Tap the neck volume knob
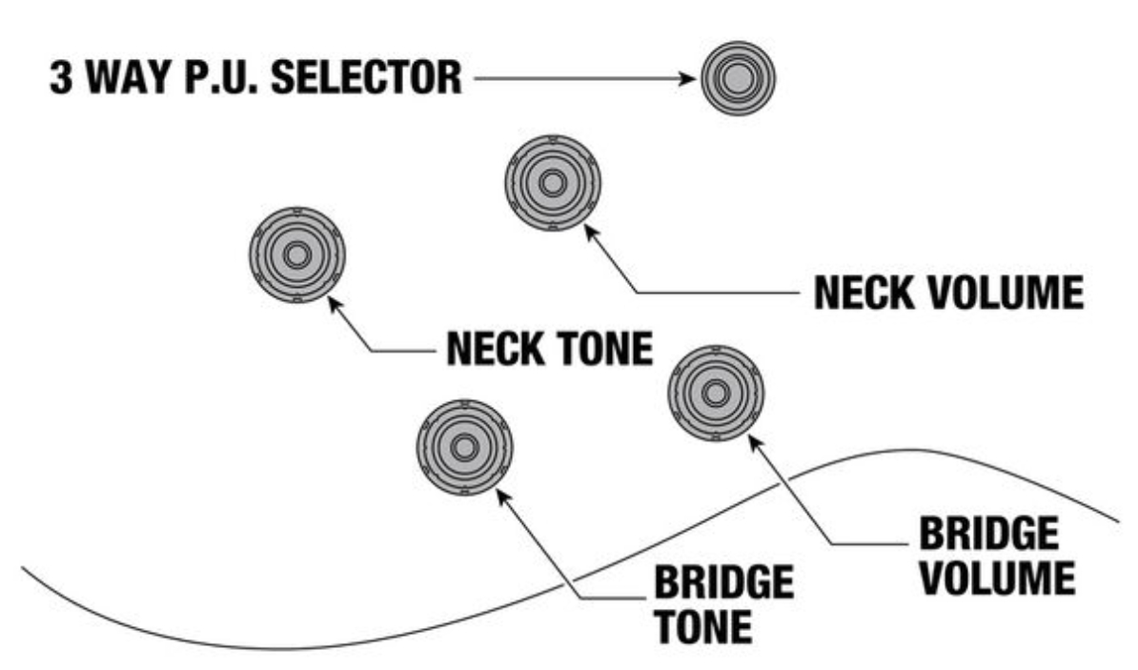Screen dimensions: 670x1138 552,182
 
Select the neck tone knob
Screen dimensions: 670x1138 295,255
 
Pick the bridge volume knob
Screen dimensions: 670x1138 715,393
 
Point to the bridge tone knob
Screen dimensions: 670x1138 465,447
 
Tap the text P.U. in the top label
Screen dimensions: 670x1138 229,79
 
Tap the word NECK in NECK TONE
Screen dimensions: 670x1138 488,351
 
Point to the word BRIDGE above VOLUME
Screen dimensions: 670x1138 987,536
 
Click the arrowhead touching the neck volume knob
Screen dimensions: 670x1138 587,230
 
